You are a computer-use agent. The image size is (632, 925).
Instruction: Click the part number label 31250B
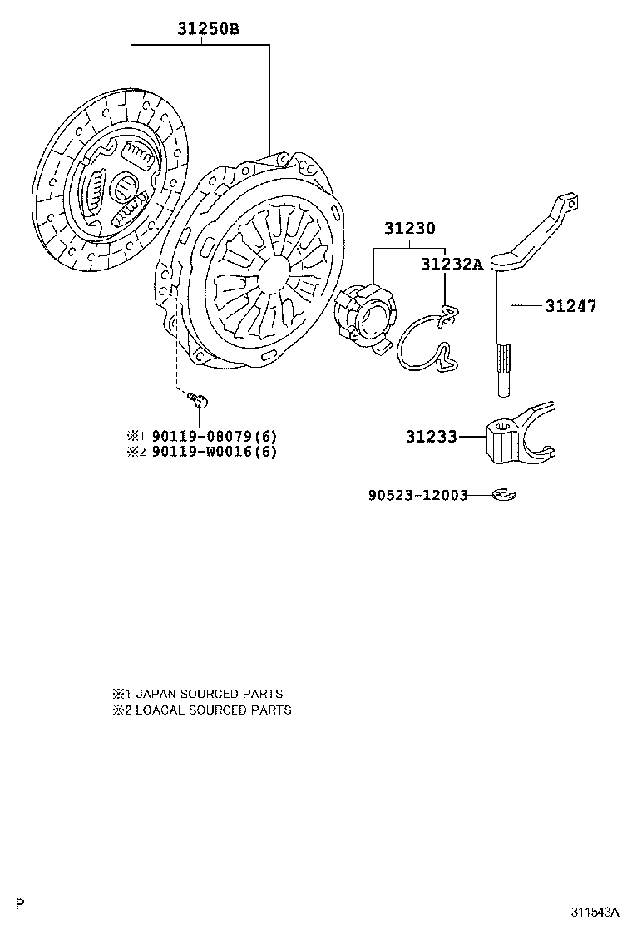pos(209,29)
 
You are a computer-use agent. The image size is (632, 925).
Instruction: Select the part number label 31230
pos(410,228)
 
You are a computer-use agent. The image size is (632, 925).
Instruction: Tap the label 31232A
pos(452,265)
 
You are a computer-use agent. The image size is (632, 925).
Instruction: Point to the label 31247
pos(570,305)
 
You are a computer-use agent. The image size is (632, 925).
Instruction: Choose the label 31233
pos(431,437)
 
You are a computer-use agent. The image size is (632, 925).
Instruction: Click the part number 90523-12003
pos(418,495)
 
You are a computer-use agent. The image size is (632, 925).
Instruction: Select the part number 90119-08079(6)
pos(214,437)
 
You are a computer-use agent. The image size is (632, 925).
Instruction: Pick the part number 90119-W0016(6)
pos(214,452)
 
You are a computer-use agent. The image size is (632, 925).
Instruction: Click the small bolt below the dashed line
pos(200,401)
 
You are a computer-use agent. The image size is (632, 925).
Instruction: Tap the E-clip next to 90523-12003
pos(504,494)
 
